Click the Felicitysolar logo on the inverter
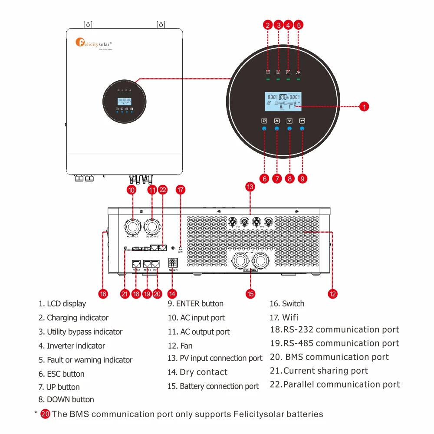point(94,43)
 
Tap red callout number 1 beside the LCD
point(365,106)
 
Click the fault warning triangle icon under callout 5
point(298,72)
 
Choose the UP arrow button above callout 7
point(277,121)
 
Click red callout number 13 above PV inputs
point(250,187)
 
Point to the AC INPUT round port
point(132,226)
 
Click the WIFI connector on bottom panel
point(181,248)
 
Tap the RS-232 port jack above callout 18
point(136,263)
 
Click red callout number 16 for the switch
point(103,294)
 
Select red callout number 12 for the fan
point(332,294)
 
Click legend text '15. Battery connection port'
point(213,386)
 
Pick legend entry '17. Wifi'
point(284,317)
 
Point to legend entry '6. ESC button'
point(61,374)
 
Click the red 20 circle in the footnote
point(45,414)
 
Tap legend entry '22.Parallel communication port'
point(335,385)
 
